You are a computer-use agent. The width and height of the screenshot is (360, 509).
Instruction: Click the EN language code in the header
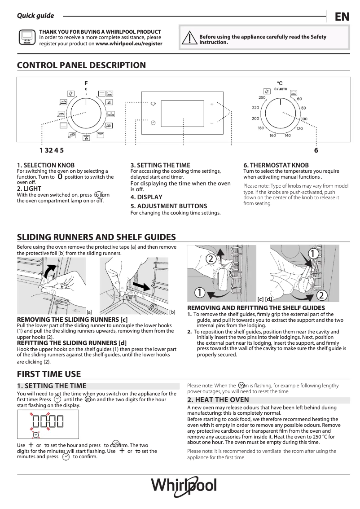point(342,17)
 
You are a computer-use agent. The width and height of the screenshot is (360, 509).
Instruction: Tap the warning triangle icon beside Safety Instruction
point(190,37)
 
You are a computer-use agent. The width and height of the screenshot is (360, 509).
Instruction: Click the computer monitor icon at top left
point(26,38)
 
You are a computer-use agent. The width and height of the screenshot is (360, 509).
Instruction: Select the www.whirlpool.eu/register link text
point(129,44)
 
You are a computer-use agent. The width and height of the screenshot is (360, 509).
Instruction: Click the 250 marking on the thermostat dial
point(262,98)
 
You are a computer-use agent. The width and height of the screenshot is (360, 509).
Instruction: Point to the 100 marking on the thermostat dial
point(304,119)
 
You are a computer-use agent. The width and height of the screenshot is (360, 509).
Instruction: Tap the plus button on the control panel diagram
point(212,104)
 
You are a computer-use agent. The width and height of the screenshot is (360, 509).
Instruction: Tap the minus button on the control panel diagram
point(212,123)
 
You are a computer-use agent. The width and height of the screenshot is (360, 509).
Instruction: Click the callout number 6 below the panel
point(316,151)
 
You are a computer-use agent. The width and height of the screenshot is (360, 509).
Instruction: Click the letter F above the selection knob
point(86,83)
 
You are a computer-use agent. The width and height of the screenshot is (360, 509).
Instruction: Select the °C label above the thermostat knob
point(279,83)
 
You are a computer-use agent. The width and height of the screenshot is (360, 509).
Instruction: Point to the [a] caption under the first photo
point(89,312)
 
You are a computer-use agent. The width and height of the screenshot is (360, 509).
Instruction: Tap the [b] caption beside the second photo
point(172,312)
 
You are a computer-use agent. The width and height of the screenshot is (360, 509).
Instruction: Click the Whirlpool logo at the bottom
point(183,485)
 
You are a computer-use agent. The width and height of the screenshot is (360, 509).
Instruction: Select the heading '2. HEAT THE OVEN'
point(211,399)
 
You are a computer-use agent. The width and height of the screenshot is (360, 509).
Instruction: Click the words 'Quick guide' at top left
point(35,16)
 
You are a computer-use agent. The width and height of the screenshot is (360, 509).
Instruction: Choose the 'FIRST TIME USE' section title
point(49,374)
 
